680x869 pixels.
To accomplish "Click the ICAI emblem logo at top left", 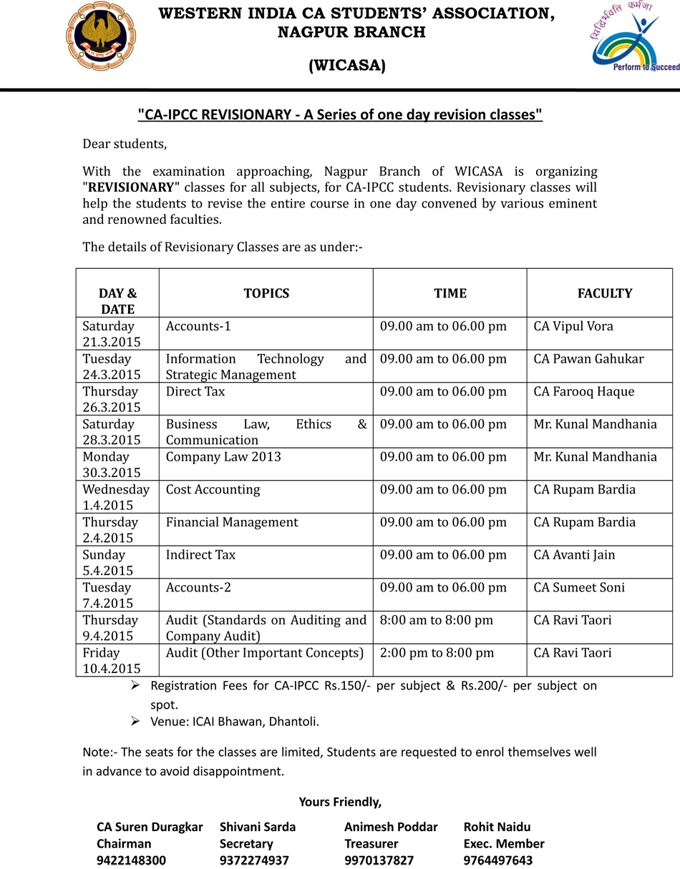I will (x=100, y=36).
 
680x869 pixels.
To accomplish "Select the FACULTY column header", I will (x=605, y=293).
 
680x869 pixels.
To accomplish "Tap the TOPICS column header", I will (x=266, y=293).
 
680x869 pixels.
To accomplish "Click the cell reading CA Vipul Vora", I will (x=573, y=326).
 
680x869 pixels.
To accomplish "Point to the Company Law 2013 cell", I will (x=223, y=456).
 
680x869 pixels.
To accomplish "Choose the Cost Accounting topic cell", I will (x=213, y=489).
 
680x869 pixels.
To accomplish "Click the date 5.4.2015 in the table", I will (x=107, y=571).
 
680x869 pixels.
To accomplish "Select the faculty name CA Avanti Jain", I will (x=574, y=554).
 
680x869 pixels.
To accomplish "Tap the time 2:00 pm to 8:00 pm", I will (x=437, y=652).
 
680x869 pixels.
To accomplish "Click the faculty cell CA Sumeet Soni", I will (x=579, y=587).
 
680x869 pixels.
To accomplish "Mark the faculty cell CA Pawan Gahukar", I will (x=588, y=358).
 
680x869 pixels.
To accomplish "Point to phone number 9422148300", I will (x=131, y=860).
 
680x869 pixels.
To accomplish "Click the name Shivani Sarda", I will (x=258, y=827).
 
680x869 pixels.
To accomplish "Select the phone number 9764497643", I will (x=498, y=860).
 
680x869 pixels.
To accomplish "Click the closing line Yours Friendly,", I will (x=341, y=801).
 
